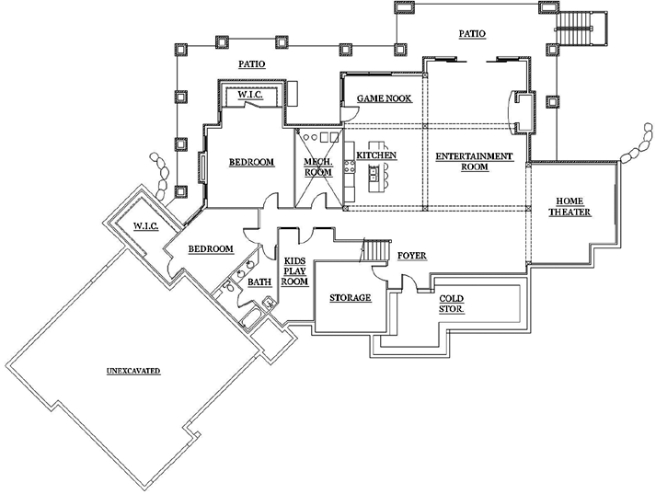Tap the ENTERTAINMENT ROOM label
[x=474, y=162]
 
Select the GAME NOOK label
[x=384, y=98]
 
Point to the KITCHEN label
[x=376, y=156]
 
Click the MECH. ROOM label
[x=317, y=167]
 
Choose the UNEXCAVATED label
[x=133, y=371]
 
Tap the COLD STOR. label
[x=451, y=304]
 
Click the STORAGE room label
[x=350, y=298]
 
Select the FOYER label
[x=411, y=255]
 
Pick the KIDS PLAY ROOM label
[x=294, y=272]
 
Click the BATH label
[x=259, y=283]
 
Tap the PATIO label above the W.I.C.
[x=252, y=64]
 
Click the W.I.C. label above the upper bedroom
[x=252, y=94]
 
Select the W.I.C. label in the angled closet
[x=146, y=226]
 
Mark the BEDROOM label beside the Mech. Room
[x=251, y=163]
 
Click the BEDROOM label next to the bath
[x=211, y=248]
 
